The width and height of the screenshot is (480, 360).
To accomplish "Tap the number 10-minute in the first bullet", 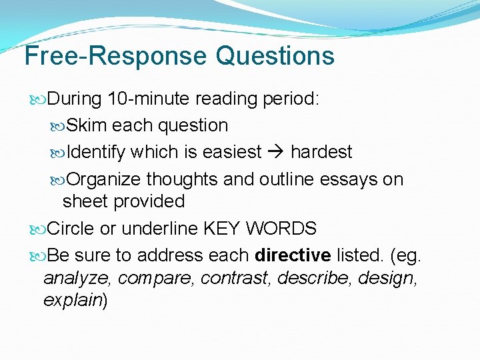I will [x=148, y=99].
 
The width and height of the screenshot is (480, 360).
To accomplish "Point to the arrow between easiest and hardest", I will [x=276, y=152].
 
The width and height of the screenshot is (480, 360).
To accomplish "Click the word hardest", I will [x=321, y=152].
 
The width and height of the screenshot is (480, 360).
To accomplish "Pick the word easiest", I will [x=231, y=152].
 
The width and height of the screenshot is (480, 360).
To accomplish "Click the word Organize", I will [x=104, y=179].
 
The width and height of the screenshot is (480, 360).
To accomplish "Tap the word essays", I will [x=349, y=179].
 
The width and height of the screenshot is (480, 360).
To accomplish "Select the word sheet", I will [x=84, y=201].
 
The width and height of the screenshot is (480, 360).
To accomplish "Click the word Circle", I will [x=71, y=229].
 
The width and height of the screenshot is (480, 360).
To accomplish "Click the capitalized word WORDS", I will [x=281, y=229].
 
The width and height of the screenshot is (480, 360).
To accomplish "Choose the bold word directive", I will [x=293, y=255].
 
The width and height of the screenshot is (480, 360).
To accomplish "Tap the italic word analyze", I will [x=71, y=278].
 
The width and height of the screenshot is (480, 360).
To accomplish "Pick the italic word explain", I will [x=71, y=301].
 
